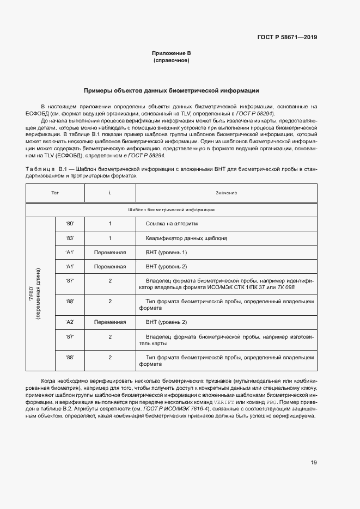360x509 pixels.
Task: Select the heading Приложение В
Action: (171, 53)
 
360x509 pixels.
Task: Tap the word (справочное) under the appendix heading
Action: (171, 60)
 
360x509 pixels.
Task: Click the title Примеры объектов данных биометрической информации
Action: (171, 90)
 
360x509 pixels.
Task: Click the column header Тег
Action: (54, 193)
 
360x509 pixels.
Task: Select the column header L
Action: (109, 193)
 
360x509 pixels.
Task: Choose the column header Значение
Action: (225, 193)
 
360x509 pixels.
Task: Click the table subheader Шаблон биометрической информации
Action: (171, 209)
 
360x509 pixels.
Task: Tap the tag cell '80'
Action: (69, 224)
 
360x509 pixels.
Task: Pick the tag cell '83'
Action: (69, 238)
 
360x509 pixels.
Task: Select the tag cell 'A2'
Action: (69, 322)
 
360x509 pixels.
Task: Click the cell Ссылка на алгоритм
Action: (172, 224)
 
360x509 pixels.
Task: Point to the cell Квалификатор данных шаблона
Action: (186, 238)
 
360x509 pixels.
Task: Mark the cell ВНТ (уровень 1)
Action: (166, 252)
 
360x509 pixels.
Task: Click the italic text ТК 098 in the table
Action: (286, 287)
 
